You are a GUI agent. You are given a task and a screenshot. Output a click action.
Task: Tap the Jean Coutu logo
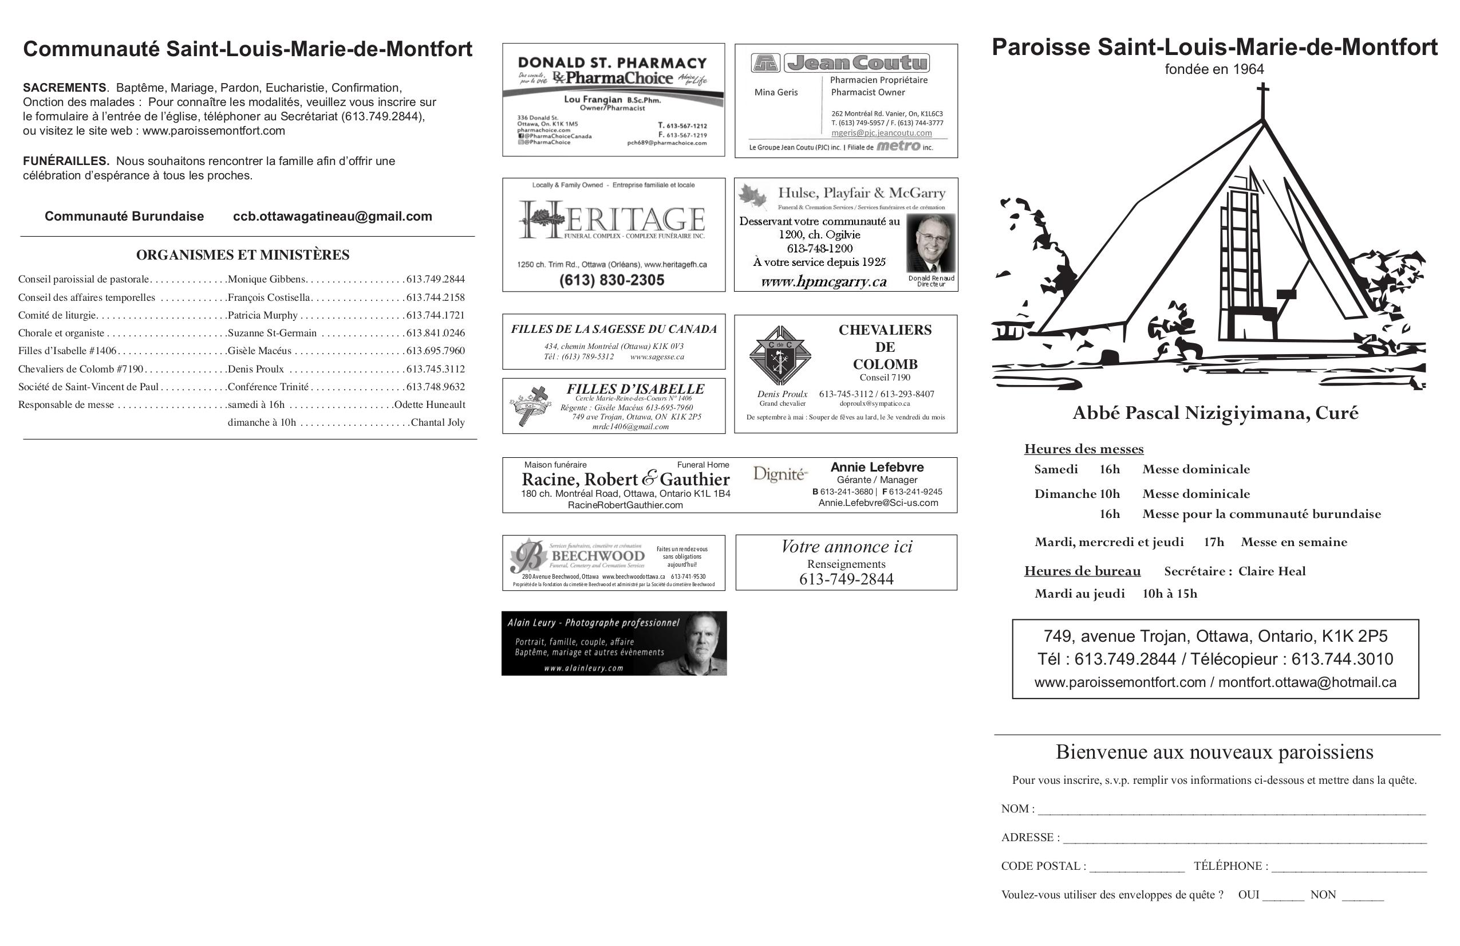841,62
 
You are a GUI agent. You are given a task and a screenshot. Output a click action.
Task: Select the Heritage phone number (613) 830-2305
611,280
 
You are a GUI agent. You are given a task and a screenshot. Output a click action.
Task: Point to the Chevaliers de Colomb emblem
780,355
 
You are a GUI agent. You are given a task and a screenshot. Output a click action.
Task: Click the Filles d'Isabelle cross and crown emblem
531,405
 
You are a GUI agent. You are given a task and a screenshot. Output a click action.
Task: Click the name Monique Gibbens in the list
266,279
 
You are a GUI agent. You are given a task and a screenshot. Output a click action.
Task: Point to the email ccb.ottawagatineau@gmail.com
332,216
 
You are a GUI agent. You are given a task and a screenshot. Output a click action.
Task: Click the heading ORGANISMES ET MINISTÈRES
242,255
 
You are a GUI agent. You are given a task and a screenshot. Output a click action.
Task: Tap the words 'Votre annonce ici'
846,547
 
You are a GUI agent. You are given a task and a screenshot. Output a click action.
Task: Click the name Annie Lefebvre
877,467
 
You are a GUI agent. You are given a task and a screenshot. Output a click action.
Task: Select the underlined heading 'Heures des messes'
1083,449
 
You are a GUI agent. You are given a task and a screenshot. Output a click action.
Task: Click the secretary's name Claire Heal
1271,571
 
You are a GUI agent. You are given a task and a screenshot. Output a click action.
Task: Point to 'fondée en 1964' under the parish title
1214,69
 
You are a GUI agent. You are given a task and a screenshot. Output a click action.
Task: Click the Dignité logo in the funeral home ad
779,474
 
